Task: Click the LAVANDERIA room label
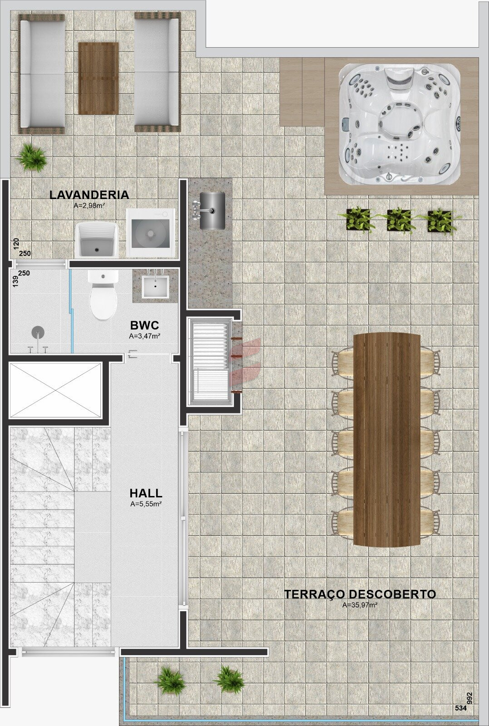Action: pyautogui.click(x=89, y=195)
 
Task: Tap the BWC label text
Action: pyautogui.click(x=144, y=325)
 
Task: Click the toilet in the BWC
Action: pyautogui.click(x=103, y=294)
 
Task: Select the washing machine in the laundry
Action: pyautogui.click(x=150, y=233)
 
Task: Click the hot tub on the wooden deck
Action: pyautogui.click(x=400, y=124)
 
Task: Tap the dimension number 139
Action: pyautogui.click(x=15, y=282)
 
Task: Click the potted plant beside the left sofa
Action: pyautogui.click(x=31, y=157)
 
